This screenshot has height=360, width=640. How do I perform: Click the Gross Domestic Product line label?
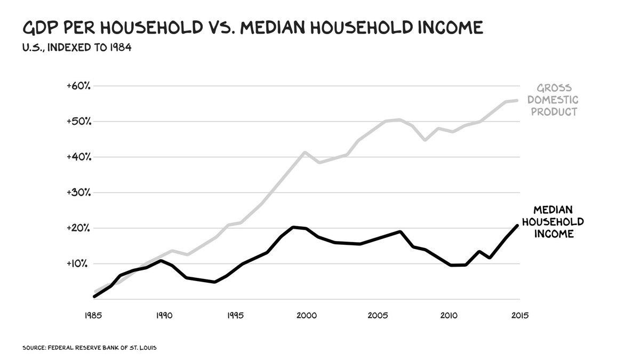(557, 100)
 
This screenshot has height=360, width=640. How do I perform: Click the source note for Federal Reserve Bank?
(89, 348)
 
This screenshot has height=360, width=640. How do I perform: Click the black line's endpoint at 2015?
(517, 226)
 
